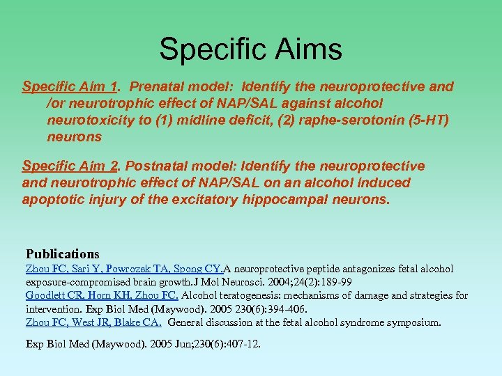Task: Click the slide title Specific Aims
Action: tap(251, 49)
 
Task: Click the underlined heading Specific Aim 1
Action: tap(69, 87)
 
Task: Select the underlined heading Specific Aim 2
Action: tap(69, 166)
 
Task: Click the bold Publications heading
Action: tap(63, 254)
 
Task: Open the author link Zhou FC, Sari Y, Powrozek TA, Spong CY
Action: tap(124, 269)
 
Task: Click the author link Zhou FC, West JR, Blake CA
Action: tap(93, 322)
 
